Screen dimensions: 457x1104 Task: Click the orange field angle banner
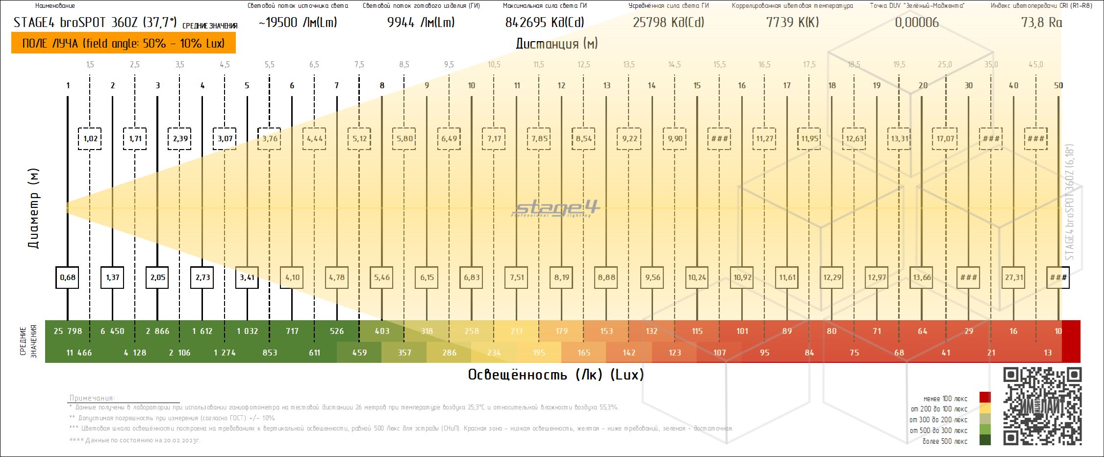click(x=124, y=43)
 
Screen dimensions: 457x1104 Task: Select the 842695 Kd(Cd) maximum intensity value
click(x=544, y=23)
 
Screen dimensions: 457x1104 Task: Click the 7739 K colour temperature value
click(x=792, y=23)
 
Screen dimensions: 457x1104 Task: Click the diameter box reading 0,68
click(x=68, y=278)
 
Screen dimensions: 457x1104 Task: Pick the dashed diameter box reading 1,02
click(x=90, y=139)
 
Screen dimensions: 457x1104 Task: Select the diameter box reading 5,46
click(x=382, y=278)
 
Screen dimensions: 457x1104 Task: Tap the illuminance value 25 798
click(x=68, y=331)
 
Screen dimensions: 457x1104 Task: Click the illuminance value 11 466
click(x=79, y=353)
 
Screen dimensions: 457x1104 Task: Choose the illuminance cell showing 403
click(x=382, y=331)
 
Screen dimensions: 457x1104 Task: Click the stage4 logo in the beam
click(x=556, y=208)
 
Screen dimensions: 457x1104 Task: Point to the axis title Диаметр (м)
click(x=33, y=208)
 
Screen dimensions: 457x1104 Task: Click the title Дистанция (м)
click(x=556, y=44)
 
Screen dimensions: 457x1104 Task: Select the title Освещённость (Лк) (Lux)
click(x=556, y=375)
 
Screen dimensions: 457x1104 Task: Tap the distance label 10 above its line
click(x=472, y=85)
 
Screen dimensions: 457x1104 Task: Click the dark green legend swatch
click(x=985, y=440)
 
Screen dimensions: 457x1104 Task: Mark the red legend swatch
click(x=985, y=398)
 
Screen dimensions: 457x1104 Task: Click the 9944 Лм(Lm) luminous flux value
click(x=421, y=23)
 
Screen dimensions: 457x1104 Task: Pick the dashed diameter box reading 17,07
click(x=945, y=139)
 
